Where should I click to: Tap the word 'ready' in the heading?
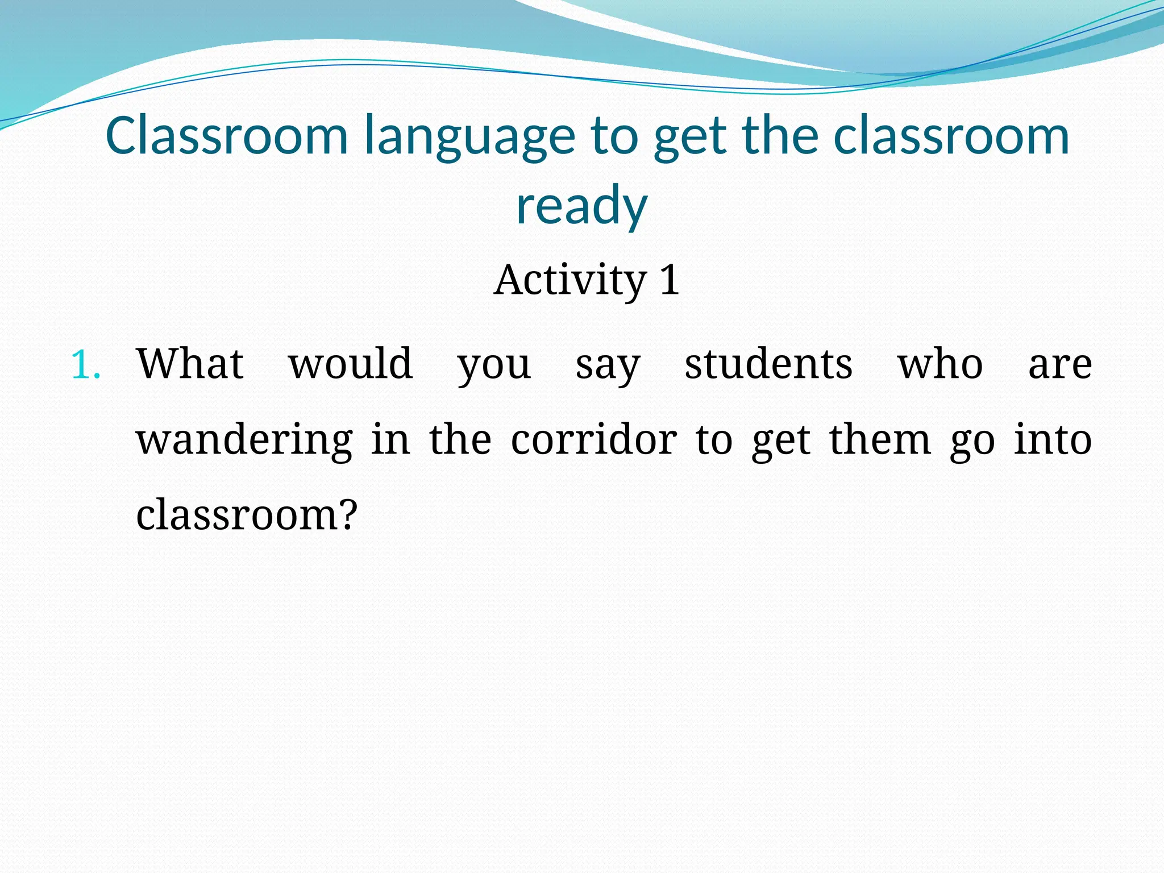[x=581, y=206]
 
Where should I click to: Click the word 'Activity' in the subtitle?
[x=570, y=280]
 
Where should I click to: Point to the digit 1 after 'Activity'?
[x=670, y=280]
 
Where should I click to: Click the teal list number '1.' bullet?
[x=86, y=365]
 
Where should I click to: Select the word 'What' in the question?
[x=190, y=364]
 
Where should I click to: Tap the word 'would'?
[x=351, y=364]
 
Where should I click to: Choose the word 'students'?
[x=768, y=364]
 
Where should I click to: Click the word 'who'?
[x=940, y=364]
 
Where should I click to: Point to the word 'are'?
[x=1060, y=365]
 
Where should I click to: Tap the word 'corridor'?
[x=594, y=439]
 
